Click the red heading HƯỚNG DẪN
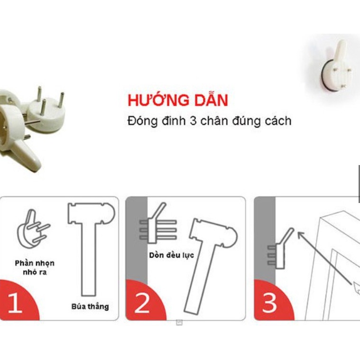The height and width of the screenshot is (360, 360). pos(177,101)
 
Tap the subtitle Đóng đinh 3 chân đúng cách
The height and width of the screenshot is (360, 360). pos(209,120)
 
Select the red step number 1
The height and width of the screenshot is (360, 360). pos(15,303)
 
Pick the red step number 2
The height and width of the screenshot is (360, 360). pos(142,303)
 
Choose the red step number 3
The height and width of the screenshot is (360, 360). pos(269,303)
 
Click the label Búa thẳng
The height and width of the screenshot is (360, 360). pos(90,306)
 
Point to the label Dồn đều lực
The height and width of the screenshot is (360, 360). pos(171,255)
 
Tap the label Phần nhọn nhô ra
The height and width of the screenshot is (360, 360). pos(34,268)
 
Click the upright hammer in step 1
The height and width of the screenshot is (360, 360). pos(90,247)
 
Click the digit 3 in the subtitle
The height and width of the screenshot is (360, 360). pos(193,120)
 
